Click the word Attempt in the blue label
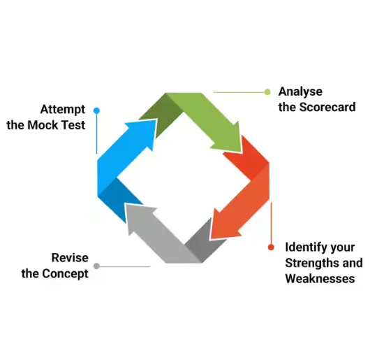pyautogui.click(x=63, y=110)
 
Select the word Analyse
pyautogui.click(x=300, y=92)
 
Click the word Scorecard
pyautogui.click(x=327, y=107)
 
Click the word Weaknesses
pyautogui.click(x=320, y=278)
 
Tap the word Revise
pyautogui.click(x=70, y=257)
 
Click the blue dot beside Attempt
pyautogui.click(x=96, y=110)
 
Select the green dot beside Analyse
pyautogui.click(x=267, y=92)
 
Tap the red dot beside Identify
pyautogui.click(x=271, y=247)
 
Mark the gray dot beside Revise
pyautogui.click(x=96, y=266)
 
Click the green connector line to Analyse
pyautogui.click(x=237, y=92)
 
